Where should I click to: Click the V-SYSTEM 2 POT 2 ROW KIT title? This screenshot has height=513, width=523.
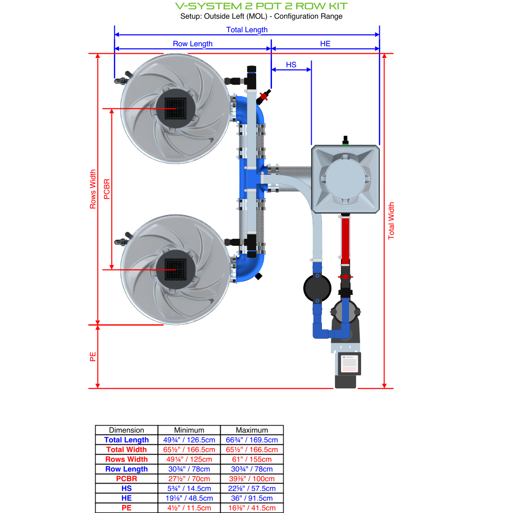(261, 6)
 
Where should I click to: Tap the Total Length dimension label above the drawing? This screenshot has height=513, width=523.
(247, 29)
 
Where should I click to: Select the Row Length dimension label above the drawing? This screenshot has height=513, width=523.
(193, 43)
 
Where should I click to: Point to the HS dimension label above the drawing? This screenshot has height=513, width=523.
(291, 64)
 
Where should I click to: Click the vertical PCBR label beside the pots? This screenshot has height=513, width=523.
(107, 189)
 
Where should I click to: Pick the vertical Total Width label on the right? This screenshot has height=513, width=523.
(391, 221)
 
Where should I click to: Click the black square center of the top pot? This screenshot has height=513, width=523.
(175, 108)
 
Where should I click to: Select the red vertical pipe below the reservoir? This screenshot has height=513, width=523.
(345, 238)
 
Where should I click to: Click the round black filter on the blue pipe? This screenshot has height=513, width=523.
(317, 288)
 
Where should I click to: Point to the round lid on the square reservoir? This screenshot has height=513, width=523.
(345, 178)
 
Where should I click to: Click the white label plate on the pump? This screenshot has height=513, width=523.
(349, 363)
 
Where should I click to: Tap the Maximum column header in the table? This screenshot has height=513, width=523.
(251, 430)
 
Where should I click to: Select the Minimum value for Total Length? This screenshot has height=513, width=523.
(189, 440)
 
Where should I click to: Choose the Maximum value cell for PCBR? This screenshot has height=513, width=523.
(251, 478)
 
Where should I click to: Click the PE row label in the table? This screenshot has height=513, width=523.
(126, 508)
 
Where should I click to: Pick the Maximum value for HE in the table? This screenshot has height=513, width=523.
(251, 498)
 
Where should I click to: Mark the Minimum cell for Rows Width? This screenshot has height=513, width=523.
(189, 459)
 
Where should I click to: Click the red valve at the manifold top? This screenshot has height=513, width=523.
(263, 97)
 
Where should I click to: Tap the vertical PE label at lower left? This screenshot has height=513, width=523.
(93, 356)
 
